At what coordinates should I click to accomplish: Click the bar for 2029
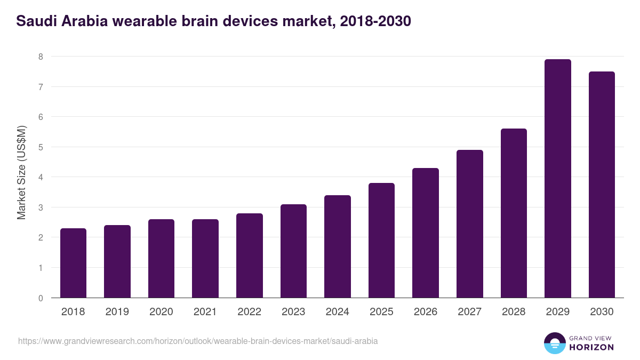click(x=557, y=179)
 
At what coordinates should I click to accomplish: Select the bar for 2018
click(x=73, y=263)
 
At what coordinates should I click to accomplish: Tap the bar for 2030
click(x=602, y=185)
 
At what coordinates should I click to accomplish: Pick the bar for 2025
click(x=381, y=241)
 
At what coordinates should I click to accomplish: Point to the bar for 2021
click(x=205, y=259)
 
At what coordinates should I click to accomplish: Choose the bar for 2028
click(x=514, y=213)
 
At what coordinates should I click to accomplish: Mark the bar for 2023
click(x=293, y=251)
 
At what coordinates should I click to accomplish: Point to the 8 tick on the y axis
click(x=41, y=57)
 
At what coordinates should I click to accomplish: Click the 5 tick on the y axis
click(x=41, y=147)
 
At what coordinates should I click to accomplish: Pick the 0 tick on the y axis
click(x=41, y=298)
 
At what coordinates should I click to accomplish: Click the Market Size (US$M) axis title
click(x=21, y=173)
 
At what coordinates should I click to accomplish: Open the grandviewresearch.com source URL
click(x=198, y=341)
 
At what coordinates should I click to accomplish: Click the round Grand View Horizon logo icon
click(x=555, y=343)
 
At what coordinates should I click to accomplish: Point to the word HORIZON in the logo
click(x=591, y=347)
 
